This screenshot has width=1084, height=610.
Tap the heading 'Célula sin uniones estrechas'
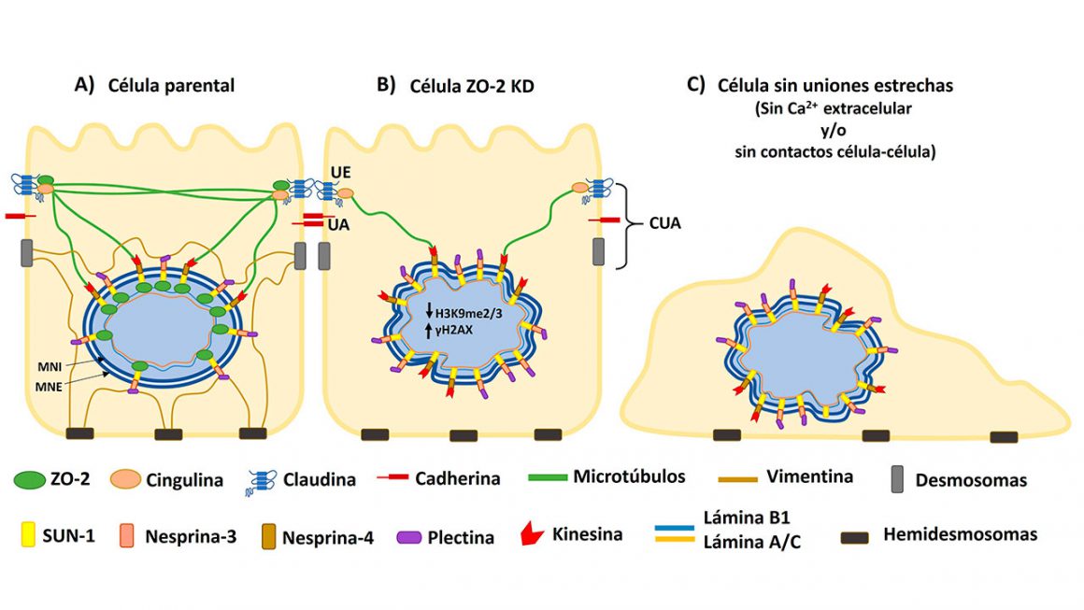pyautogui.click(x=835, y=85)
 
